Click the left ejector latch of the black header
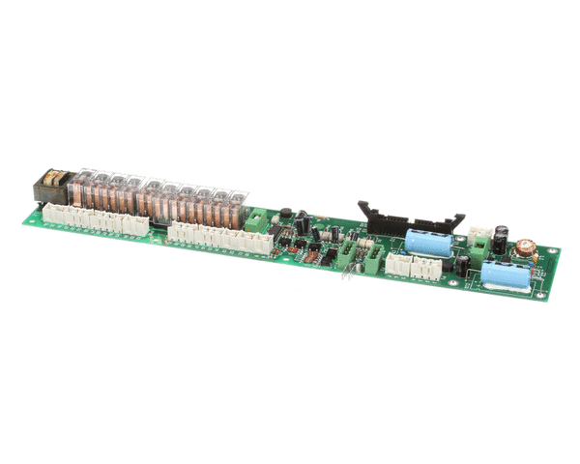(364, 210)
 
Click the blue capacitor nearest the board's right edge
(507, 275)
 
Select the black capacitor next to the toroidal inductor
(503, 239)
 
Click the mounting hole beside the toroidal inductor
(553, 254)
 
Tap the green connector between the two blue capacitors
(462, 264)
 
